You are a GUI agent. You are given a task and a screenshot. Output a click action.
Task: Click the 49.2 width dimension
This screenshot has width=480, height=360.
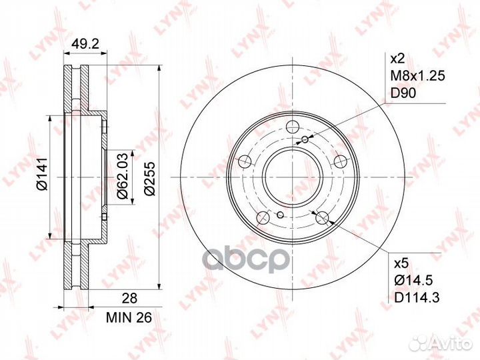pyautogui.click(x=85, y=45)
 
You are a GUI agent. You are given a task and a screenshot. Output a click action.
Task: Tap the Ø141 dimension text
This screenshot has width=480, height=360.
pyautogui.click(x=41, y=174)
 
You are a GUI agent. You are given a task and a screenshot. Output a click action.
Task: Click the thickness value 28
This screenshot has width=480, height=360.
pyautogui.click(x=129, y=298)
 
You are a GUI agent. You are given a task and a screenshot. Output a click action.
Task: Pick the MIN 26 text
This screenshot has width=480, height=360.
pyautogui.click(x=129, y=318)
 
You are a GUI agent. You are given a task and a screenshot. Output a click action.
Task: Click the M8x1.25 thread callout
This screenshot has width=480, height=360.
pyautogui.click(x=417, y=75)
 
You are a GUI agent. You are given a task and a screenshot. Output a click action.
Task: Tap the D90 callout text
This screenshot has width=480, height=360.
pyautogui.click(x=403, y=93)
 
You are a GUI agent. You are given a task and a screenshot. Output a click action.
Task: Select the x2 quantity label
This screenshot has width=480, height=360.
pyautogui.click(x=398, y=59)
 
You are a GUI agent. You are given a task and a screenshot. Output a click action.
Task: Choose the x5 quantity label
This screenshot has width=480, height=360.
pyautogui.click(x=401, y=263)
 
